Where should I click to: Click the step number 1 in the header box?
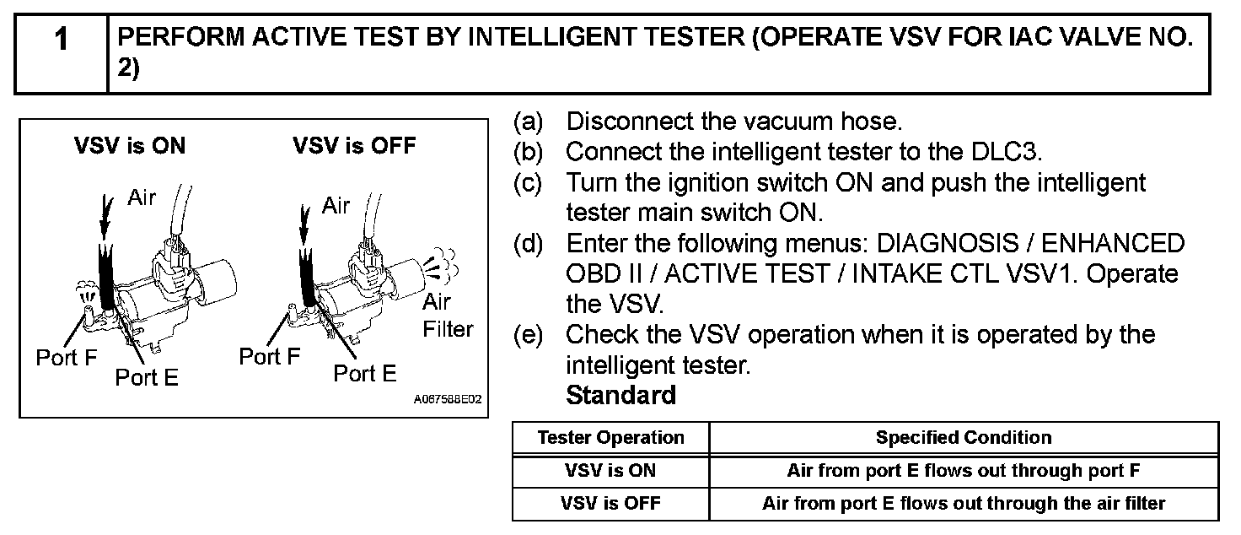click(61, 40)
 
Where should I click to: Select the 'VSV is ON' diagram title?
click(130, 146)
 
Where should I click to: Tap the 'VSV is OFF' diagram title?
click(354, 146)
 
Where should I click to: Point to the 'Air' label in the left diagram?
click(142, 197)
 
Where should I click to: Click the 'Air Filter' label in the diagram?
click(448, 316)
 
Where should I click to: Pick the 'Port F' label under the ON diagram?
click(67, 358)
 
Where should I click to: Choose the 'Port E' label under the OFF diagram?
click(365, 374)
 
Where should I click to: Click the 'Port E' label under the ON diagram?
click(147, 377)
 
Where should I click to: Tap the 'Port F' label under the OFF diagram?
click(270, 356)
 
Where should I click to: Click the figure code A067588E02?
click(448, 399)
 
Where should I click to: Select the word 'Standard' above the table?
click(621, 395)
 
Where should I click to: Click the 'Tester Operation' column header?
click(611, 437)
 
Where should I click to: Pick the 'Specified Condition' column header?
click(964, 437)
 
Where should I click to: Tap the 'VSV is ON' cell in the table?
click(610, 471)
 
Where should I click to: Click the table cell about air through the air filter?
click(964, 504)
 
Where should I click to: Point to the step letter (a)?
click(529, 122)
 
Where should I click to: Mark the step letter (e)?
click(529, 335)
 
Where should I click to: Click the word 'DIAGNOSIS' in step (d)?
click(948, 243)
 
